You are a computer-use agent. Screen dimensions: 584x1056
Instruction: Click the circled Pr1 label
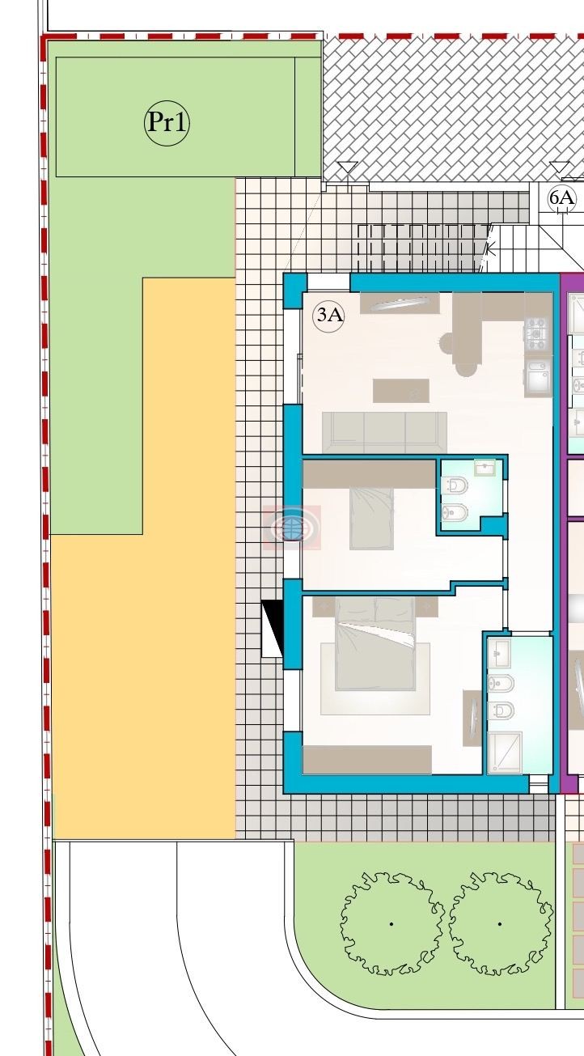[167, 122]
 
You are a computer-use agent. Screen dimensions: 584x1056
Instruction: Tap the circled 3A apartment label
[328, 315]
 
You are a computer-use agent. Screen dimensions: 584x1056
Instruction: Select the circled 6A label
[562, 198]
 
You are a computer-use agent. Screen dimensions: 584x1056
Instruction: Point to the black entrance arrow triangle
[273, 629]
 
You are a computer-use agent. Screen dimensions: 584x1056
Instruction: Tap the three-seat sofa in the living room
[385, 432]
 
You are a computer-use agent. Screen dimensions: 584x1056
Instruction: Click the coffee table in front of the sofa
[401, 391]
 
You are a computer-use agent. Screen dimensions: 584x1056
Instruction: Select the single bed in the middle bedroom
[371, 518]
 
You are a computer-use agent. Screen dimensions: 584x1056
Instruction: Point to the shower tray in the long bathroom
[505, 753]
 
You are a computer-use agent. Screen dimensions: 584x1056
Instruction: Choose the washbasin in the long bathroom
[499, 653]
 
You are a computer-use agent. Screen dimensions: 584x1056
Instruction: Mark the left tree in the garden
[391, 923]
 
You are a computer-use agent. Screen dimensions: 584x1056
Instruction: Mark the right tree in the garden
[500, 923]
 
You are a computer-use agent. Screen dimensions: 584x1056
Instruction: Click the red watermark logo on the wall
[292, 527]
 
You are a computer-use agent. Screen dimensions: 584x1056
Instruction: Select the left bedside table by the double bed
[324, 606]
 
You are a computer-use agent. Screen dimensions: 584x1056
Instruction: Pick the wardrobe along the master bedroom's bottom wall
[367, 760]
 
